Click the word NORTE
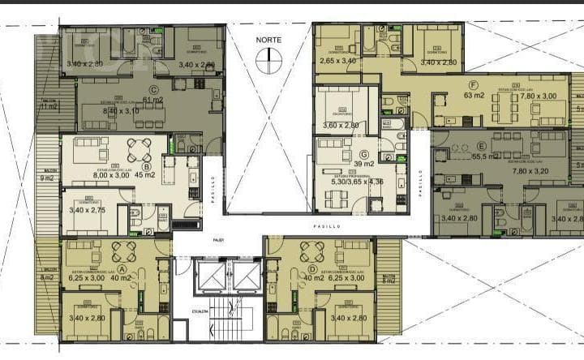click(x=268, y=40)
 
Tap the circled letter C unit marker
click(x=152, y=90)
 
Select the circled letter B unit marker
click(x=145, y=167)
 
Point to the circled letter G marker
click(x=363, y=155)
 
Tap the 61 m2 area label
click(x=152, y=101)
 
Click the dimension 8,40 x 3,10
click(x=106, y=110)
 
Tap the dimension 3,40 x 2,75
click(x=88, y=210)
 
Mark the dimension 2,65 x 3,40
click(x=338, y=61)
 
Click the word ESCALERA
click(x=201, y=311)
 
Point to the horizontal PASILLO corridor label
click(x=328, y=226)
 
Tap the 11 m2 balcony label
click(x=48, y=106)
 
